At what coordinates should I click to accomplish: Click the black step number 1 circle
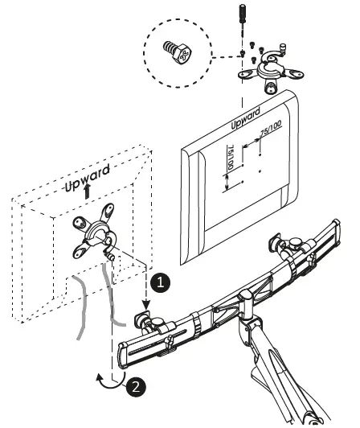click(161, 282)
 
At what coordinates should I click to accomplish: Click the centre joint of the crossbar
click(240, 306)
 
